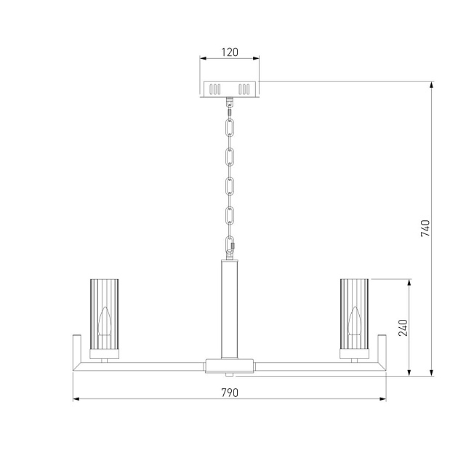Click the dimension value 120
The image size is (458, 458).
[230, 53]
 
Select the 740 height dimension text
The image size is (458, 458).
[426, 228]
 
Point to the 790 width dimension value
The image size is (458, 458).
[230, 392]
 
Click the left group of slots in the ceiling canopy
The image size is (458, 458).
[215, 89]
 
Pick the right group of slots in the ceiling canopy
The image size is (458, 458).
[245, 89]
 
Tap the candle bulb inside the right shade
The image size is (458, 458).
[355, 321]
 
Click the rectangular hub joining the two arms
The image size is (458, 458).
[230, 365]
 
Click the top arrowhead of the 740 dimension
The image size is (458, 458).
[433, 85]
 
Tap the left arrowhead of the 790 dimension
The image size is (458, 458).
[76, 399]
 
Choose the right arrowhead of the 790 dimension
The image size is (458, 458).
[382, 399]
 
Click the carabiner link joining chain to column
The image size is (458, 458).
[230, 246]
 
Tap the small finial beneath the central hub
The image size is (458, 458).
[230, 374]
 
